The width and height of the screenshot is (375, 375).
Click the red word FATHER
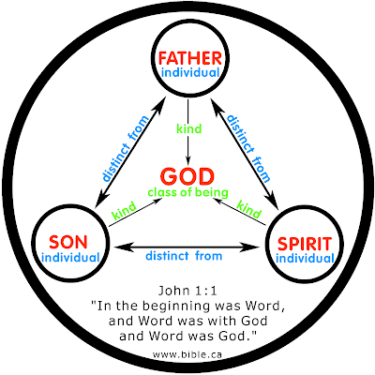pos(190,58)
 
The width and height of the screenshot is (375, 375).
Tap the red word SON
pos(68,242)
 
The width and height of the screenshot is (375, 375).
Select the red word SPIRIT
pos(305,244)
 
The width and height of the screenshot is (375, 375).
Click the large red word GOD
pos(187,176)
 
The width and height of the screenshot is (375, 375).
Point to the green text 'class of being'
pos(188,192)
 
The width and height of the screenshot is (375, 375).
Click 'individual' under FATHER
pos(190,73)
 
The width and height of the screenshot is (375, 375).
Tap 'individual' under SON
pos(70,258)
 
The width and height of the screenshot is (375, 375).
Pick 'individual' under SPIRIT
pos(306,259)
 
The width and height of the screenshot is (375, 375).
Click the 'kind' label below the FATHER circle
pos(189,128)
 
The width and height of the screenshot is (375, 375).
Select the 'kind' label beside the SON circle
pos(124,210)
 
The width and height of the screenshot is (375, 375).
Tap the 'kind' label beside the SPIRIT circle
pos(248,209)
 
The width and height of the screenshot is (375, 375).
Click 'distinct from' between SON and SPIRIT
pos(184,256)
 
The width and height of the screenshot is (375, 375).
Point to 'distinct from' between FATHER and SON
pos(126,148)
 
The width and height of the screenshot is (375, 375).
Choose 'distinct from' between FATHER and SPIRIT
pos(248,148)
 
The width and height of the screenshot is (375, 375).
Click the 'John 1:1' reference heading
pos(187,291)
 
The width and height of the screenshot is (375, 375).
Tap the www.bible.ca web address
pos(187,354)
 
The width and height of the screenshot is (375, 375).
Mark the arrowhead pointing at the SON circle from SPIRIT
pos(123,247)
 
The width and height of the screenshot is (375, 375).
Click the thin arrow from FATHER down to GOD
pos(187,132)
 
